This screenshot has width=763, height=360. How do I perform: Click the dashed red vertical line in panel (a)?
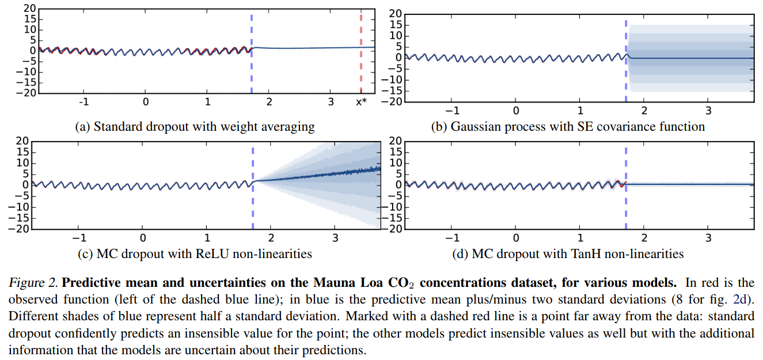361,58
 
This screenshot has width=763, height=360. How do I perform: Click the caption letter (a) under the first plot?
82,126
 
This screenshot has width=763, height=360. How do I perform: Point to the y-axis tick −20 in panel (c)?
21,229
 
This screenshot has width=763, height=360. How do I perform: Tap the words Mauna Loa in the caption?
341,283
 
